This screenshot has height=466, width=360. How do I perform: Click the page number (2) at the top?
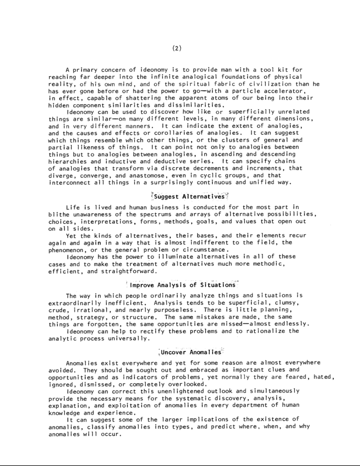coord(176,48)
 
